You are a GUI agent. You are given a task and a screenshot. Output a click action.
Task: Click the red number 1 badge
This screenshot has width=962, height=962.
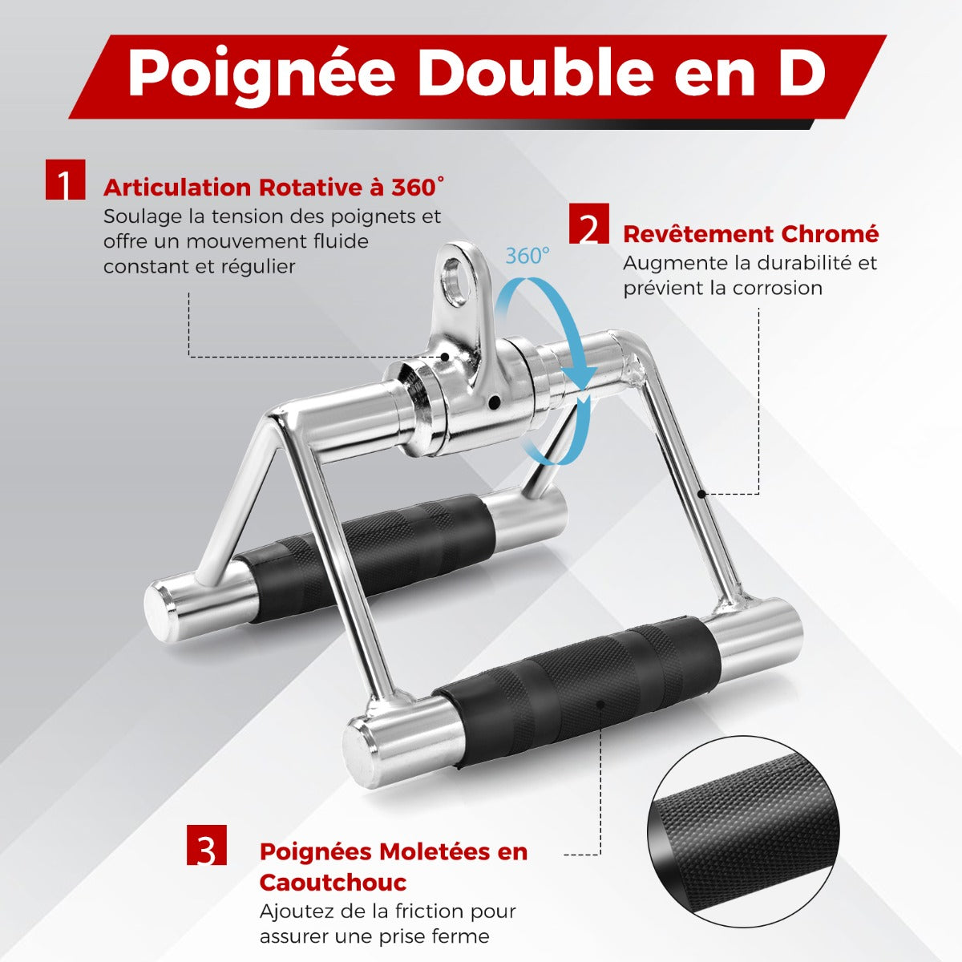[66, 180]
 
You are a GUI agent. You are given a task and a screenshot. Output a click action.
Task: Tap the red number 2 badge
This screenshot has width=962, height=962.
[589, 223]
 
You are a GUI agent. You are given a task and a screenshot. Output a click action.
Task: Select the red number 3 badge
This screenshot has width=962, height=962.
[207, 845]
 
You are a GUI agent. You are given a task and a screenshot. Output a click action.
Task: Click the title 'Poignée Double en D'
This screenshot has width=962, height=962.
[477, 71]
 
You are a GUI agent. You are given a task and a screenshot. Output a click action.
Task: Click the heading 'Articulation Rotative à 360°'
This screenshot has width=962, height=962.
[273, 188]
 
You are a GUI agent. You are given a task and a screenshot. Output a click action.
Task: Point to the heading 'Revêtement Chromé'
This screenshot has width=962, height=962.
[751, 234]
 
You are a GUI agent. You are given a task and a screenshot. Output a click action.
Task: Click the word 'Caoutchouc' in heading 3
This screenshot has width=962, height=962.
[333, 883]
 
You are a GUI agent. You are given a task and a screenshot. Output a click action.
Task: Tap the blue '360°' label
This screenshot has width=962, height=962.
[527, 256]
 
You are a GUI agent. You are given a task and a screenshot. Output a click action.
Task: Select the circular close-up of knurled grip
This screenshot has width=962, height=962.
[743, 832]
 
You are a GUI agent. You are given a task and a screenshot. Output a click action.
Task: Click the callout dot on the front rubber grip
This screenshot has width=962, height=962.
[601, 705]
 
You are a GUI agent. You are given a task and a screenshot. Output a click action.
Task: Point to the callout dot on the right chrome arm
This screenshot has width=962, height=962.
[702, 495]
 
